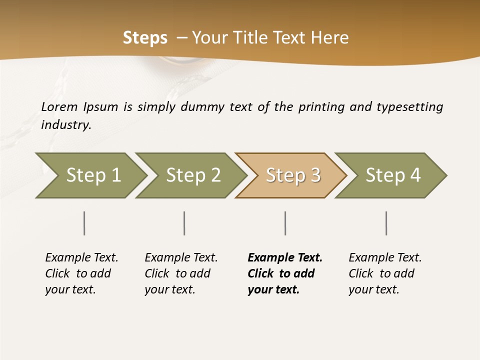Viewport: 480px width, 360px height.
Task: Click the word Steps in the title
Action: click(x=145, y=38)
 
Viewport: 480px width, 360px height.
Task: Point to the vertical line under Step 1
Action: click(x=84, y=223)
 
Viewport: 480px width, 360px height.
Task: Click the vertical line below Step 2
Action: click(x=184, y=223)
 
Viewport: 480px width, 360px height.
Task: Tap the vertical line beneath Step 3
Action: click(x=285, y=223)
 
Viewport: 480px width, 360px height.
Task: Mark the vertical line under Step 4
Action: click(x=386, y=223)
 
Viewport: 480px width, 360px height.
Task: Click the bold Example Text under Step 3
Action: click(x=284, y=273)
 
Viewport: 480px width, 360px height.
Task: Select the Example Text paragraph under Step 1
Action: click(x=81, y=273)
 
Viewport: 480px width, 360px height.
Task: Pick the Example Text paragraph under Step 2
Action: click(x=181, y=273)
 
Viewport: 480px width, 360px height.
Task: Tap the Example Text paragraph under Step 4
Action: click(x=385, y=273)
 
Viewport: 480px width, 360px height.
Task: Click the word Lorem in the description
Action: click(x=59, y=107)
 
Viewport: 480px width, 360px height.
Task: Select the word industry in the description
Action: click(x=65, y=124)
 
